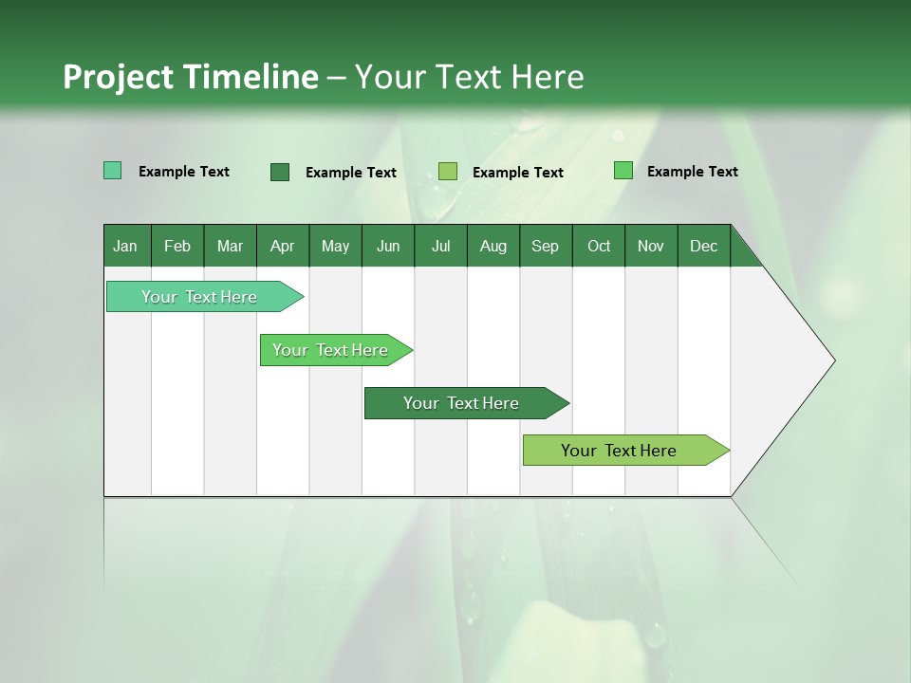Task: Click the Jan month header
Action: (x=126, y=246)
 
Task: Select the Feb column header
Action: (x=177, y=246)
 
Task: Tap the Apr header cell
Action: (x=283, y=246)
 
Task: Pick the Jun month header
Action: (x=388, y=246)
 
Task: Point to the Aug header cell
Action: (x=493, y=246)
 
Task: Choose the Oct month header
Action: (x=599, y=246)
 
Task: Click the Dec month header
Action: (x=704, y=246)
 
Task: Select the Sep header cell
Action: (x=546, y=246)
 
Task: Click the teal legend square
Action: (x=113, y=171)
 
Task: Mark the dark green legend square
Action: (x=280, y=172)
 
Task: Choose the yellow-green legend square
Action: (x=448, y=171)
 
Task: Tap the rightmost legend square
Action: (x=623, y=171)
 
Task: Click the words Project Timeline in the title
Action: (x=191, y=77)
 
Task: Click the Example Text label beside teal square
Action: (x=184, y=172)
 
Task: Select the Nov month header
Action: (x=651, y=246)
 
